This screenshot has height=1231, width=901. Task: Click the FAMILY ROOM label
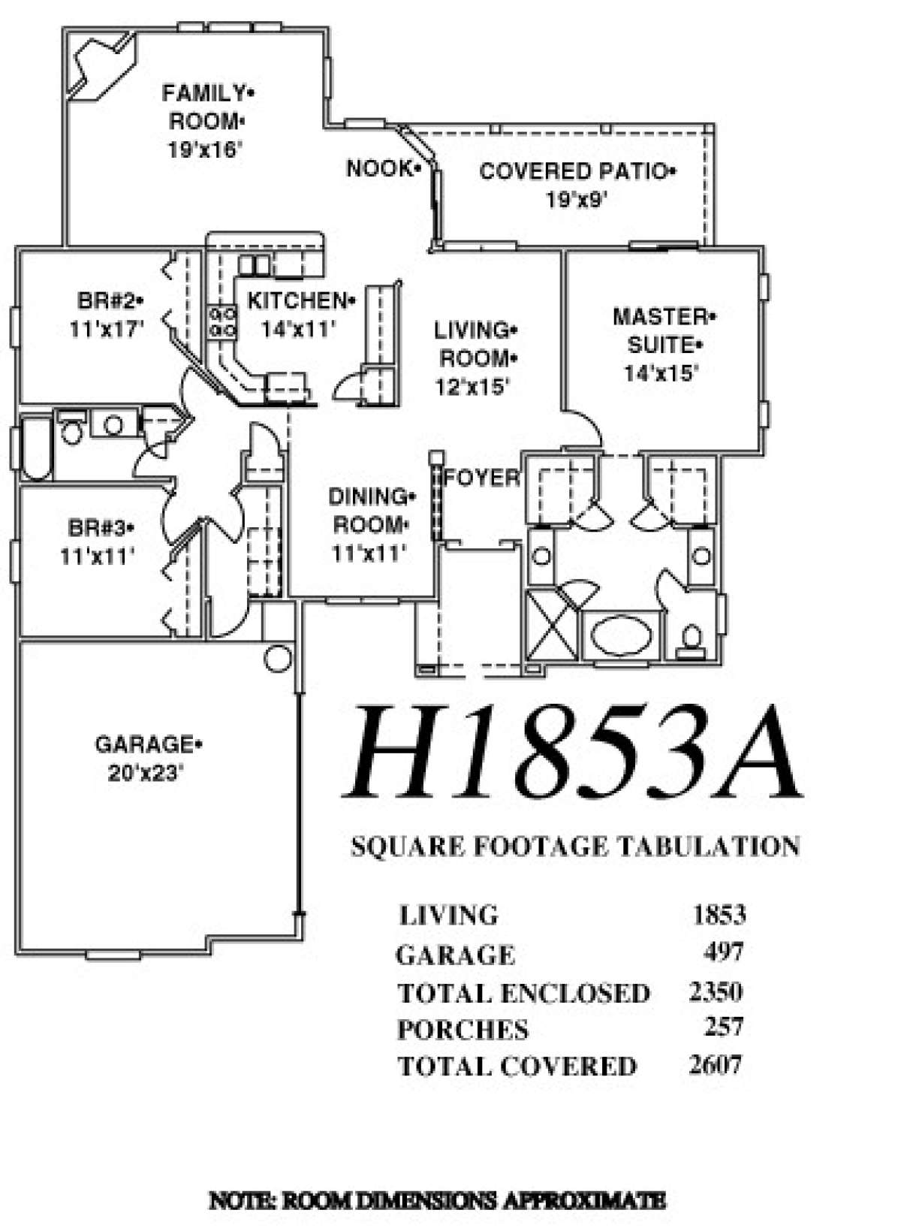tap(209, 107)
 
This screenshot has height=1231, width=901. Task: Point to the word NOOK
tap(380, 169)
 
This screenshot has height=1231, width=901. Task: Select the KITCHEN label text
tap(297, 300)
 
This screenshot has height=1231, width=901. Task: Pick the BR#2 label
tap(107, 300)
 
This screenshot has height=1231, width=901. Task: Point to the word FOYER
tap(481, 478)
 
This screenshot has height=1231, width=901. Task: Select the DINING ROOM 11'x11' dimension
tap(369, 553)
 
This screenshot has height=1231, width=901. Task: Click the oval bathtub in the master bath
tap(622, 635)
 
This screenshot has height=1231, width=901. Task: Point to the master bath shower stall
tap(552, 625)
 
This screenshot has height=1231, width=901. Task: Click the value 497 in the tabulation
tap(723, 952)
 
